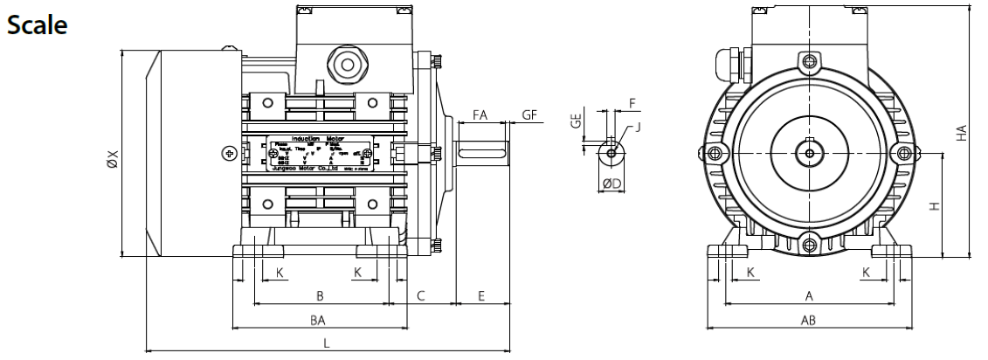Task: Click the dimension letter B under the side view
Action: pyautogui.click(x=320, y=295)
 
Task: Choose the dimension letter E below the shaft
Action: pyautogui.click(x=481, y=295)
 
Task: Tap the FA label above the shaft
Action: pyautogui.click(x=480, y=114)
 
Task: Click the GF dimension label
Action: pyautogui.click(x=530, y=114)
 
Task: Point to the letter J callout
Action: pyautogui.click(x=639, y=128)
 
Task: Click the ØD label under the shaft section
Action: pyautogui.click(x=611, y=183)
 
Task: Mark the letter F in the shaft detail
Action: pyautogui.click(x=631, y=102)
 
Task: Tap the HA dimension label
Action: pyautogui.click(x=961, y=134)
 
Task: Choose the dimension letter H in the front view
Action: pyautogui.click(x=935, y=206)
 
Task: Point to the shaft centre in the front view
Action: pyautogui.click(x=809, y=154)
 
